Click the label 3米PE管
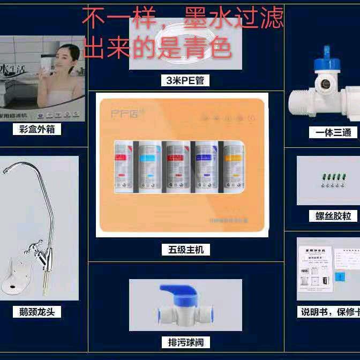(x=185, y=80)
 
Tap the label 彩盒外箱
(x=37, y=129)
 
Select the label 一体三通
(x=330, y=132)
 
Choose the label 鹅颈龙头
(x=37, y=311)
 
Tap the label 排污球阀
(x=185, y=342)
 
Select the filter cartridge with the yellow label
(x=234, y=166)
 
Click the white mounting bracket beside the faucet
(x=16, y=278)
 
